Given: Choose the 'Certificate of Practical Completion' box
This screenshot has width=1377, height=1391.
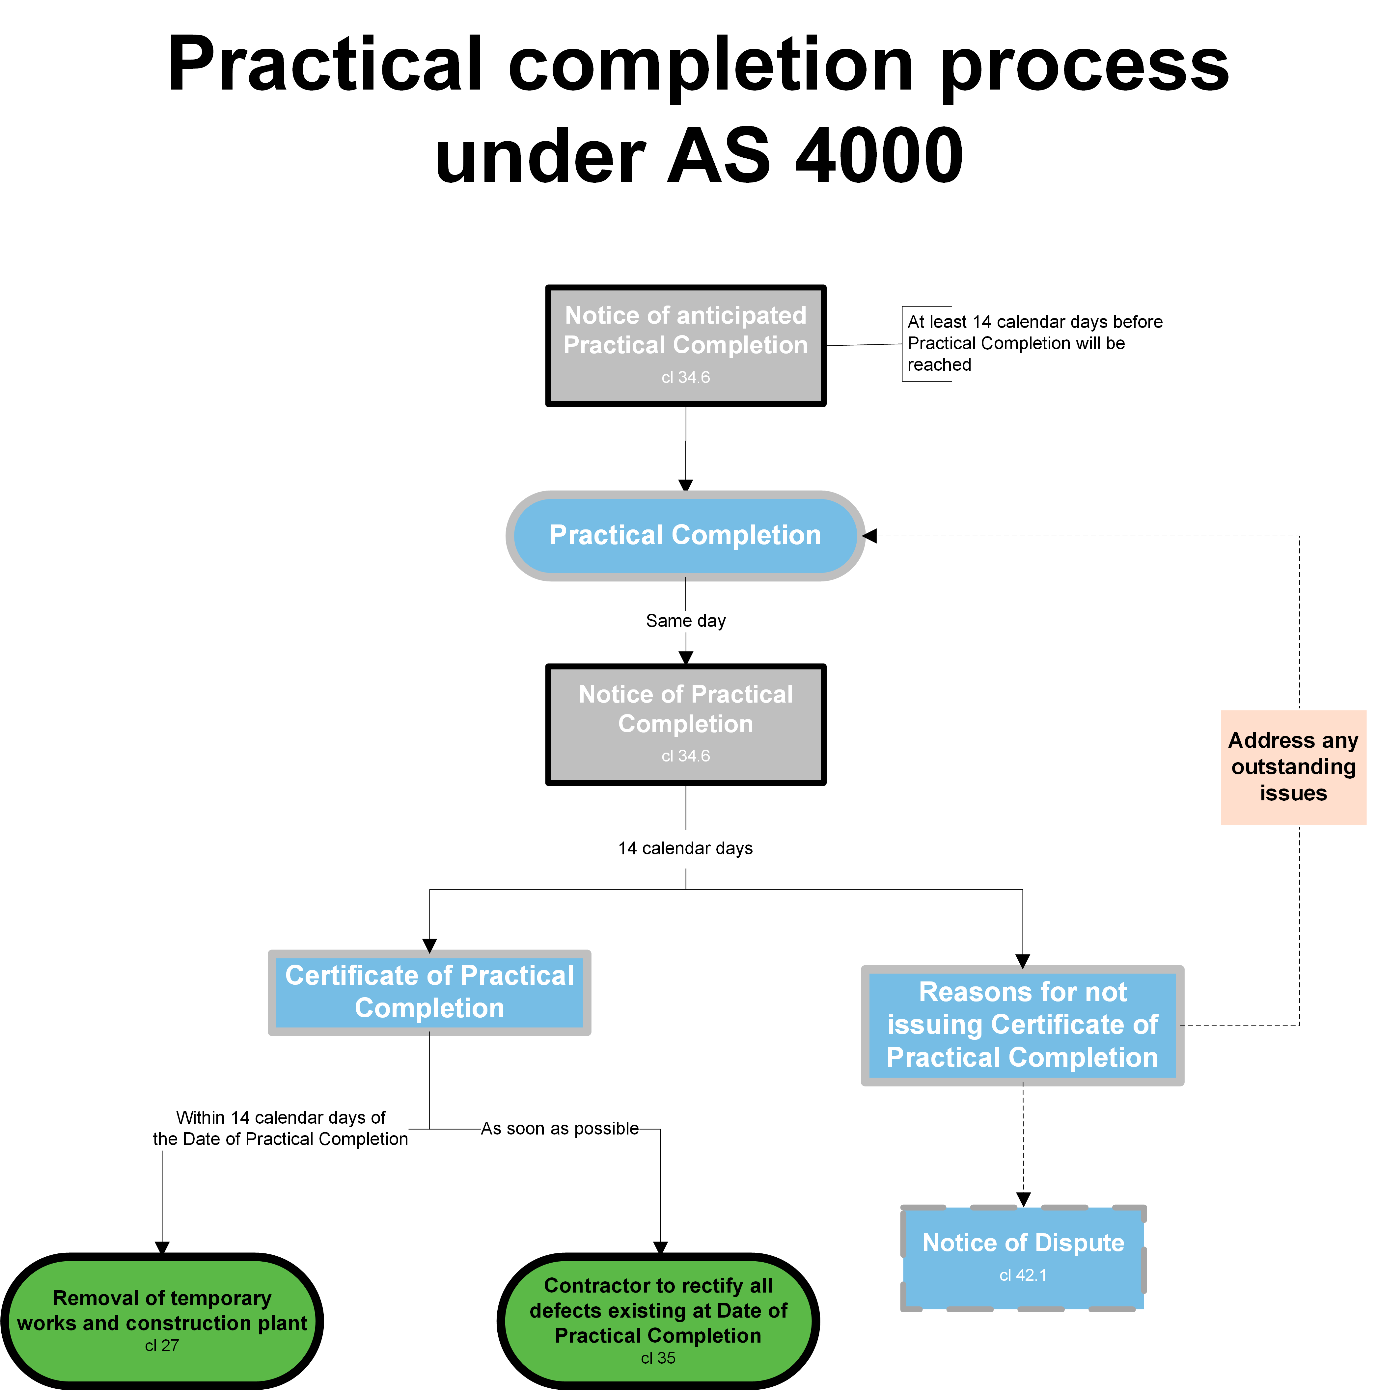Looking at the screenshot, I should pyautogui.click(x=429, y=992).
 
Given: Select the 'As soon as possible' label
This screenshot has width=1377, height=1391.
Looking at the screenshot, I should pyautogui.click(x=560, y=1128).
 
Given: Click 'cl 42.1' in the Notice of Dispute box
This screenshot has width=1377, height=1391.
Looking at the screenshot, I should pyautogui.click(x=1023, y=1275).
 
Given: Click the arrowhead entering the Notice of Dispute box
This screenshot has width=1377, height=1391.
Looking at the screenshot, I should pyautogui.click(x=1023, y=1199).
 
